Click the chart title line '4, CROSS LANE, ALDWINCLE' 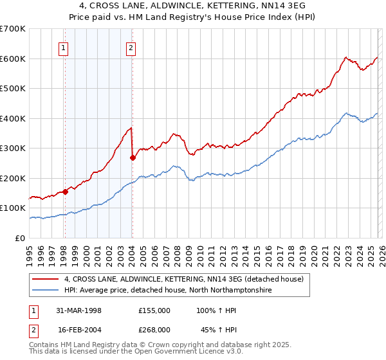pos(192,6)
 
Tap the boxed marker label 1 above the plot pos(64,47)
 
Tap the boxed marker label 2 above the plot pos(131,47)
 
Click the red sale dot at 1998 pos(65,192)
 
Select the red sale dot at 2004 pos(132,157)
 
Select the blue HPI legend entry pos(168,291)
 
